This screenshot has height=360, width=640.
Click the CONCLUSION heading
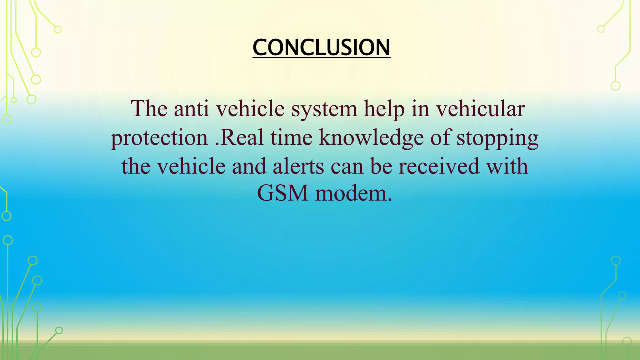(321, 47)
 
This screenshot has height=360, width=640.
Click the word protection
(159, 138)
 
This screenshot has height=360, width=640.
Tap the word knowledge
(371, 138)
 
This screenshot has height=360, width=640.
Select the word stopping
(497, 138)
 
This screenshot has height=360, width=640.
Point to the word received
(439, 166)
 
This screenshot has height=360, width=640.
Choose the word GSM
(282, 193)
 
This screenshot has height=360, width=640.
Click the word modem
(353, 193)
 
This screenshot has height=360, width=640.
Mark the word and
(249, 166)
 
